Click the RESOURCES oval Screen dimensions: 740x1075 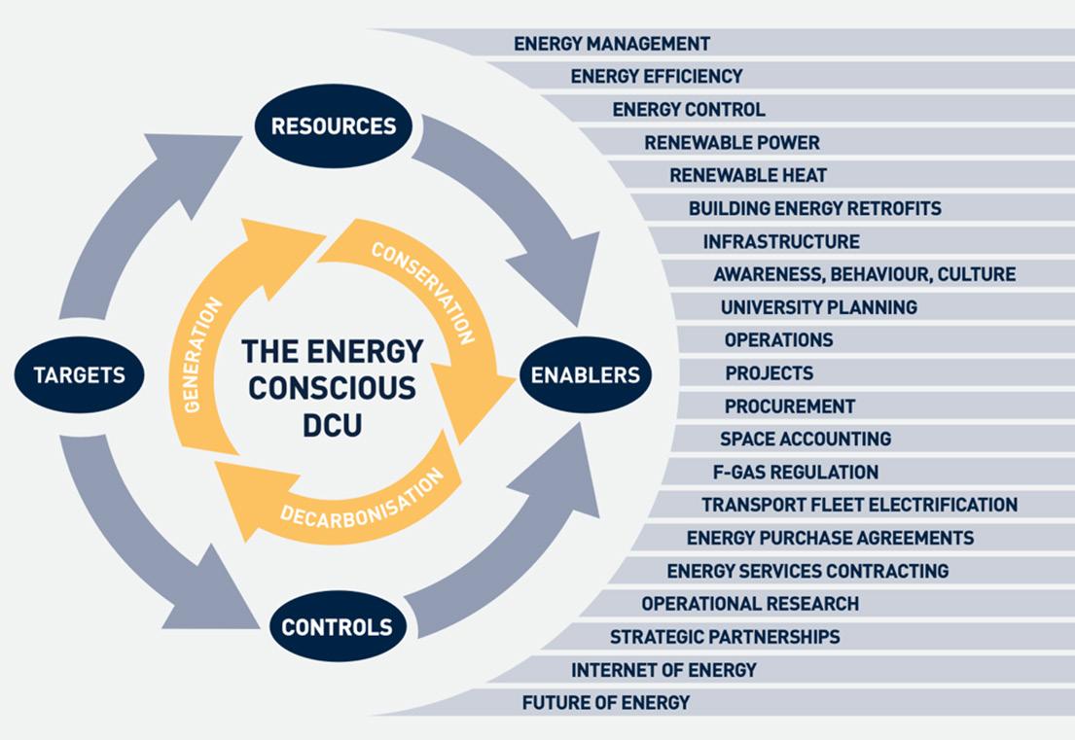(333, 125)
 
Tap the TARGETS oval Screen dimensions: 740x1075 (79, 374)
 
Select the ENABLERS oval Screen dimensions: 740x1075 (585, 374)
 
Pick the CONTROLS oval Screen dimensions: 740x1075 (337, 626)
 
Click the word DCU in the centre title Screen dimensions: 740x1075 (332, 426)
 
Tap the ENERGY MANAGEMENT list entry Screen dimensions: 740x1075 (612, 44)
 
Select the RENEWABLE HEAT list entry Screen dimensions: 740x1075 (748, 176)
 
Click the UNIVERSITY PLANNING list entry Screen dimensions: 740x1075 (818, 307)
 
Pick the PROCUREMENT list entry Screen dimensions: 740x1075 (789, 405)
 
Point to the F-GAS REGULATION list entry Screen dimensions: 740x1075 (796, 472)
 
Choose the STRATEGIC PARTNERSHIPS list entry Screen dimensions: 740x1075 (725, 637)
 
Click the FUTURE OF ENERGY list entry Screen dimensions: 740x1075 (605, 702)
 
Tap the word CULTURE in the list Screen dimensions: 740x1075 (976, 274)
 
